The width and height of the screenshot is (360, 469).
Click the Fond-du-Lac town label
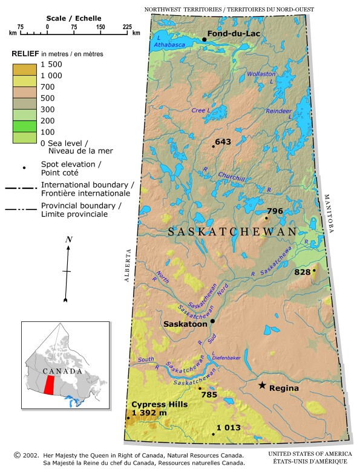pyautogui.click(x=234, y=34)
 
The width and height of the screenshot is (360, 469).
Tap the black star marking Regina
pyautogui.click(x=262, y=385)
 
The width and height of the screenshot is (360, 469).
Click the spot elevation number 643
pyautogui.click(x=223, y=142)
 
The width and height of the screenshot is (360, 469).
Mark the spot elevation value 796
pyautogui.click(x=275, y=211)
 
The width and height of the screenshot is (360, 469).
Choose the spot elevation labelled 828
pyautogui.click(x=302, y=272)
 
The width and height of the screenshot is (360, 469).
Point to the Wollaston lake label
pyautogui.click(x=261, y=74)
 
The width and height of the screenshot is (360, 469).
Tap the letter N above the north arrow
pyautogui.click(x=68, y=240)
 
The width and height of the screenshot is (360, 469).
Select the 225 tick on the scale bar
pyautogui.click(x=127, y=27)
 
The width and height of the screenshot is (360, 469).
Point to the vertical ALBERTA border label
pyautogui.click(x=128, y=266)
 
